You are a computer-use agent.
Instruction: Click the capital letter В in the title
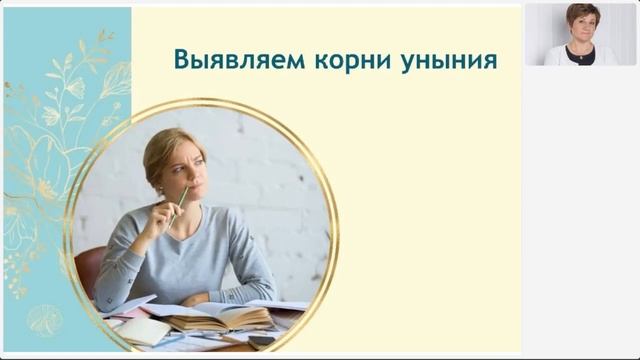point(181,60)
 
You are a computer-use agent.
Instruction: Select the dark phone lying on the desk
point(262,340)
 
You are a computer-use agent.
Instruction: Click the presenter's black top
point(583,58)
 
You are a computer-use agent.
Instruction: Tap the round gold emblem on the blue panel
point(44,319)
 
